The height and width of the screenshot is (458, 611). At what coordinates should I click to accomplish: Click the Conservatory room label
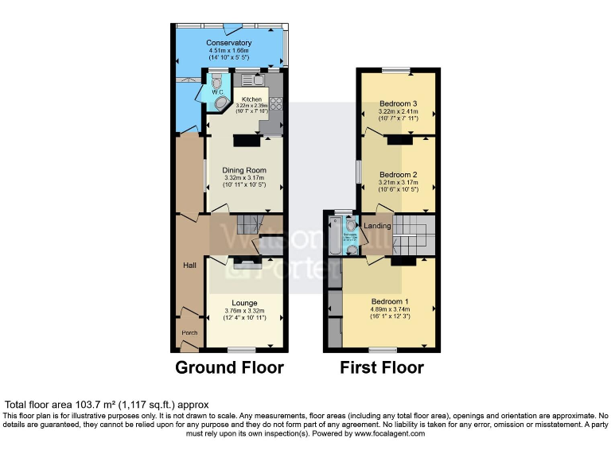(228, 43)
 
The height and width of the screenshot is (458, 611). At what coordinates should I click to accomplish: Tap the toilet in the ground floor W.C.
(217, 82)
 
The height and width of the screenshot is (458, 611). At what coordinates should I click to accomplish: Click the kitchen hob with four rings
(276, 103)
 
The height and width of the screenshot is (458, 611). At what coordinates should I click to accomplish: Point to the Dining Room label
(243, 170)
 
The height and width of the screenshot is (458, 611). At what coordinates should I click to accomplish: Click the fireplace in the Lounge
(245, 263)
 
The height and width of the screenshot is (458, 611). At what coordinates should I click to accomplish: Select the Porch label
(189, 332)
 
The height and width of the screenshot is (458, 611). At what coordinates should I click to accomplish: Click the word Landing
(377, 226)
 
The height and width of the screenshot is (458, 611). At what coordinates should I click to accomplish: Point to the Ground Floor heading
(229, 368)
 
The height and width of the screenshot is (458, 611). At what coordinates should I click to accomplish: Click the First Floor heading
(382, 368)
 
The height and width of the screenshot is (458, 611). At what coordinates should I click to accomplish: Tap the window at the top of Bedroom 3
(396, 72)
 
